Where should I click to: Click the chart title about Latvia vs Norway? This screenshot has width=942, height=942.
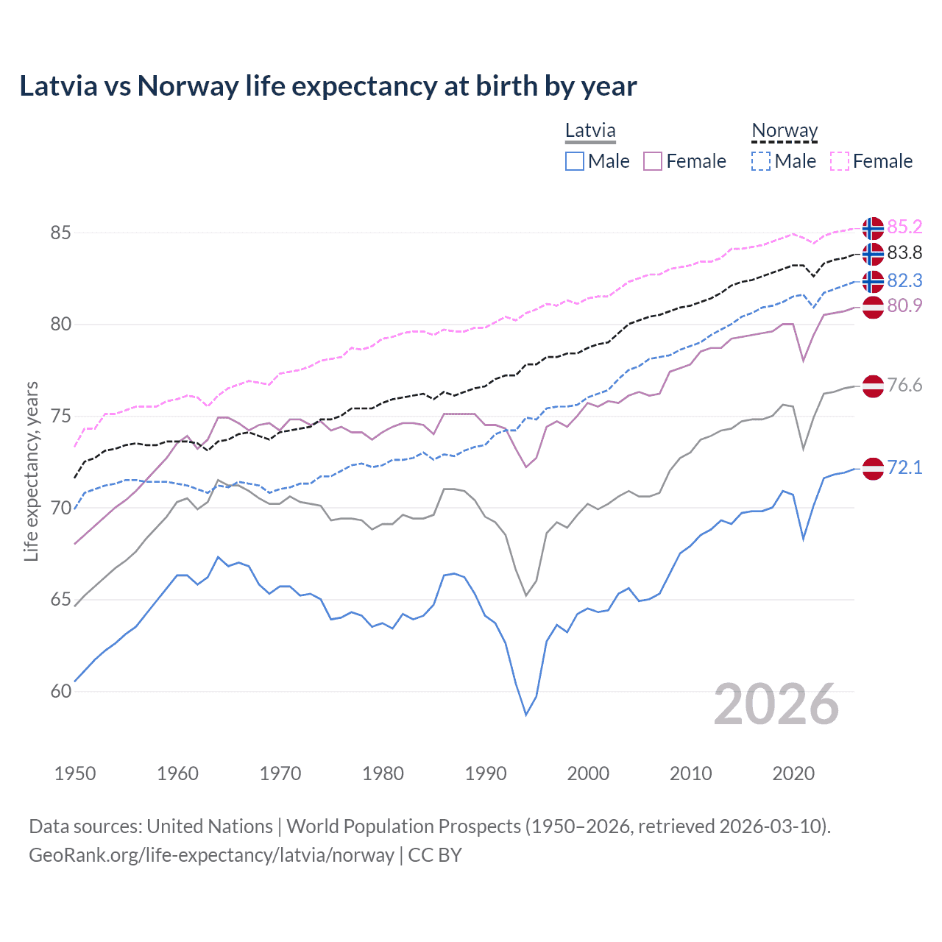[x=327, y=86]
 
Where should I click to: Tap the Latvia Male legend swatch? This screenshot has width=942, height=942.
[x=575, y=161]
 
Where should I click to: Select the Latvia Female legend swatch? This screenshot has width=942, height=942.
[x=653, y=161]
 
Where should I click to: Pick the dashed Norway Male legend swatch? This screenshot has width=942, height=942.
[x=761, y=161]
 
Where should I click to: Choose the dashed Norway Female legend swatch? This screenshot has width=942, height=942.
[x=840, y=161]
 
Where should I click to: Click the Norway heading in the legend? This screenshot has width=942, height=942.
[x=785, y=131]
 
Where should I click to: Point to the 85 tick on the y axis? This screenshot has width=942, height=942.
[x=60, y=233]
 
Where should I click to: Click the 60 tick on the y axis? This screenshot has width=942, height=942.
[x=60, y=691]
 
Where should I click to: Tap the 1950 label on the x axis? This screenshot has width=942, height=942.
[x=75, y=773]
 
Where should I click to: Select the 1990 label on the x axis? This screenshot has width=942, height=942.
[x=486, y=773]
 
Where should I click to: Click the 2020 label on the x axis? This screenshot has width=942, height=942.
[x=793, y=773]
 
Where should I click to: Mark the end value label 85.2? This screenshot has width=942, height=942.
[x=904, y=227]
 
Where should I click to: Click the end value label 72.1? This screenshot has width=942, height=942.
[x=904, y=468]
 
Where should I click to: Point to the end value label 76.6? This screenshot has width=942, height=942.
[x=904, y=386]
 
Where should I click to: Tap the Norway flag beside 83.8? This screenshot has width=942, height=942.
[x=873, y=254]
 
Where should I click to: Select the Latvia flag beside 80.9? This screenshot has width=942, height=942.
[x=873, y=307]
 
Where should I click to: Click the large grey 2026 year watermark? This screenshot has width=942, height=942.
[x=776, y=704]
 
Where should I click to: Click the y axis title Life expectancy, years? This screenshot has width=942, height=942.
[x=32, y=471]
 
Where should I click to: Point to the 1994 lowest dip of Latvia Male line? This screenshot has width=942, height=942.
[x=526, y=714]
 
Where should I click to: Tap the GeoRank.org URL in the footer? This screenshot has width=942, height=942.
[x=211, y=855]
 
